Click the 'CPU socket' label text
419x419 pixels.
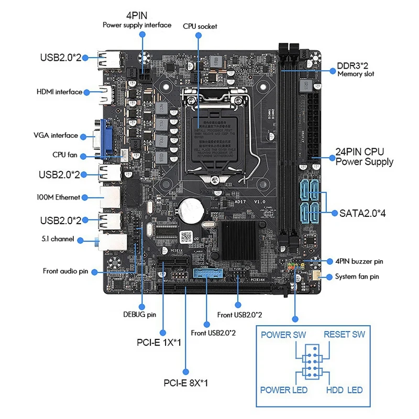(200, 26)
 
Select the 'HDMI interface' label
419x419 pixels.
(59, 92)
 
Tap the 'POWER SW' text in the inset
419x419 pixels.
(283, 335)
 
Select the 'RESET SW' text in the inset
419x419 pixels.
(344, 335)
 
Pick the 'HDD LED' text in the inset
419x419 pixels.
(344, 390)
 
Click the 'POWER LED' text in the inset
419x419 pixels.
(284, 390)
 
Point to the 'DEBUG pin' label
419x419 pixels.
(139, 314)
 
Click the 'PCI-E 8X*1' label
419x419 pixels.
(185, 383)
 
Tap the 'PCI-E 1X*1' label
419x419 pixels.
(158, 343)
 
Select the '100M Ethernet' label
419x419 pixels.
(58, 197)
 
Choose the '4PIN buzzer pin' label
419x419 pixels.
(359, 261)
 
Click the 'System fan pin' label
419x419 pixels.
(357, 277)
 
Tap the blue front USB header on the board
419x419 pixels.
(207, 273)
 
